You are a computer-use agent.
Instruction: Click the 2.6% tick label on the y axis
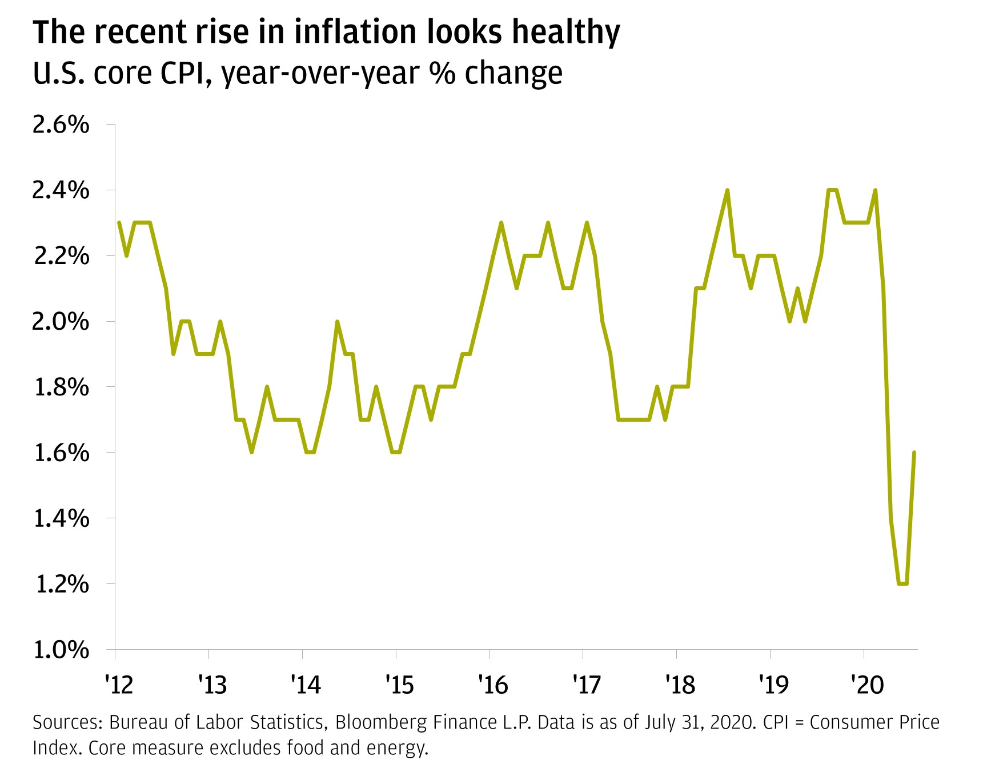pyautogui.click(x=61, y=125)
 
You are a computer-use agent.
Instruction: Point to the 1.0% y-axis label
pyautogui.click(x=61, y=650)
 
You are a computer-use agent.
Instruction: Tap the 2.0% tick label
pyautogui.click(x=61, y=322)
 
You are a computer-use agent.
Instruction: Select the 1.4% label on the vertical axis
pyautogui.click(x=61, y=518)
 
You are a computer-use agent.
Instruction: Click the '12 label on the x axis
pyautogui.click(x=119, y=684)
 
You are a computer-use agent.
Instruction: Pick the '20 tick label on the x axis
pyautogui.click(x=867, y=684)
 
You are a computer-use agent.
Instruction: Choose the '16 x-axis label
pyautogui.click(x=493, y=684)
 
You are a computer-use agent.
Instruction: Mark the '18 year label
pyautogui.click(x=680, y=684)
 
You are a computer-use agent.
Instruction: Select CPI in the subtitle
pyautogui.click(x=185, y=73)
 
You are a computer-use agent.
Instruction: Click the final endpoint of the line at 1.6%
pyautogui.click(x=914, y=453)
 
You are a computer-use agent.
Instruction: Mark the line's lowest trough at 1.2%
pyautogui.click(x=903, y=583)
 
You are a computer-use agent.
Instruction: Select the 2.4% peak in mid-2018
pyautogui.click(x=727, y=190)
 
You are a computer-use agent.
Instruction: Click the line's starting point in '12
pyautogui.click(x=119, y=223)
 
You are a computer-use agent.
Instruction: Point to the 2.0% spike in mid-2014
pyautogui.click(x=337, y=322)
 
